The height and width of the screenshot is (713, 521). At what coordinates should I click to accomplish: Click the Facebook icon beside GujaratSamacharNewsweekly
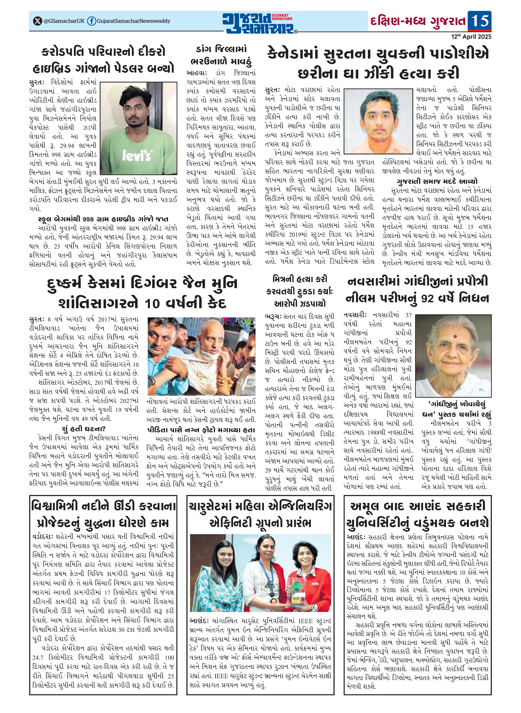click(91, 21)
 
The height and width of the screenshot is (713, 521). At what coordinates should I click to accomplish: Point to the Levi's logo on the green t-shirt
click(137, 155)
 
